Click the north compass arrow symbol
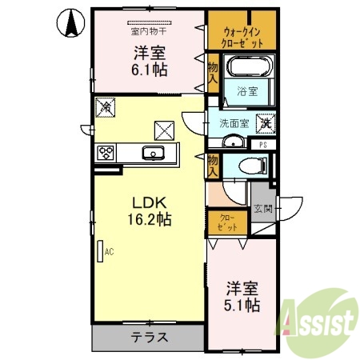(70, 22)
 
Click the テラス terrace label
(150, 337)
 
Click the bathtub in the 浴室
(248, 66)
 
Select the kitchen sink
(151, 153)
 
